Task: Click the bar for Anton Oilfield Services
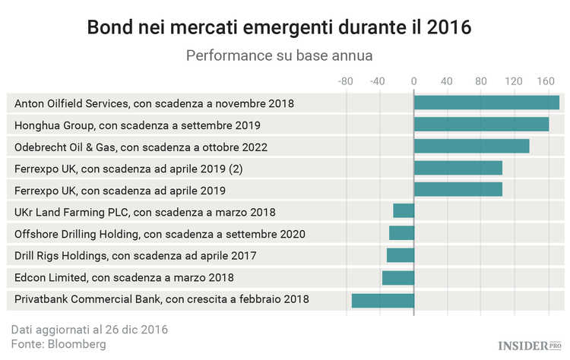point(486,103)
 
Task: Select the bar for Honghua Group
point(481,125)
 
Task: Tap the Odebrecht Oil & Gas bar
point(471,147)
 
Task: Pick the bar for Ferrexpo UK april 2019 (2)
point(458,168)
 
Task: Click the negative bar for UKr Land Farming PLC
point(404,211)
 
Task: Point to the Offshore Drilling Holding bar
point(401,233)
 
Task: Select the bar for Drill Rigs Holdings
point(401,255)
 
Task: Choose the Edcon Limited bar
point(398,278)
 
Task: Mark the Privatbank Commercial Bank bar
point(383,300)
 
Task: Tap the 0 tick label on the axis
point(413,81)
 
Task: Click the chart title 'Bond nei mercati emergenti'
point(279,27)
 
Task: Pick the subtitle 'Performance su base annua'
point(279,55)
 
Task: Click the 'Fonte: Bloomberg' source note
point(59,344)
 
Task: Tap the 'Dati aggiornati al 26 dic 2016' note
point(90,330)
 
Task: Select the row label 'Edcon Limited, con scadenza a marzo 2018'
point(124,278)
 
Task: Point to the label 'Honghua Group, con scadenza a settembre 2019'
point(138,125)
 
